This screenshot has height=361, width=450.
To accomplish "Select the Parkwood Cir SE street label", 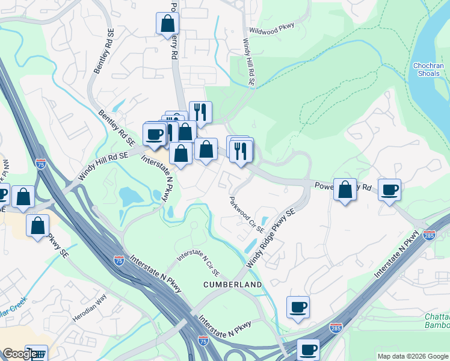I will (246, 214).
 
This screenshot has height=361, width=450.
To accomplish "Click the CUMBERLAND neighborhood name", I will (232, 284).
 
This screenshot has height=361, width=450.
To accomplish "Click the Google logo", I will (19, 354).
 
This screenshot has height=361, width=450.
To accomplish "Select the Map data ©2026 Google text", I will (412, 356).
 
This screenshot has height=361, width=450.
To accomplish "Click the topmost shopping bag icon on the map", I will (167, 24).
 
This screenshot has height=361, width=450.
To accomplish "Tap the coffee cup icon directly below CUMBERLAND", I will (298, 307).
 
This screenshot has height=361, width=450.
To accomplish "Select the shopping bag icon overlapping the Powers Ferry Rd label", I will (345, 190).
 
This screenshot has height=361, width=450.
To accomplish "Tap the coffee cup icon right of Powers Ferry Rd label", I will (389, 190).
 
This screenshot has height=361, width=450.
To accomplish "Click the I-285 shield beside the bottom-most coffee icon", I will (336, 329).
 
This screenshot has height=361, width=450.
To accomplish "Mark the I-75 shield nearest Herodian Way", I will (119, 260).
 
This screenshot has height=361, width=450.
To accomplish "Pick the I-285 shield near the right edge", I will (429, 235).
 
